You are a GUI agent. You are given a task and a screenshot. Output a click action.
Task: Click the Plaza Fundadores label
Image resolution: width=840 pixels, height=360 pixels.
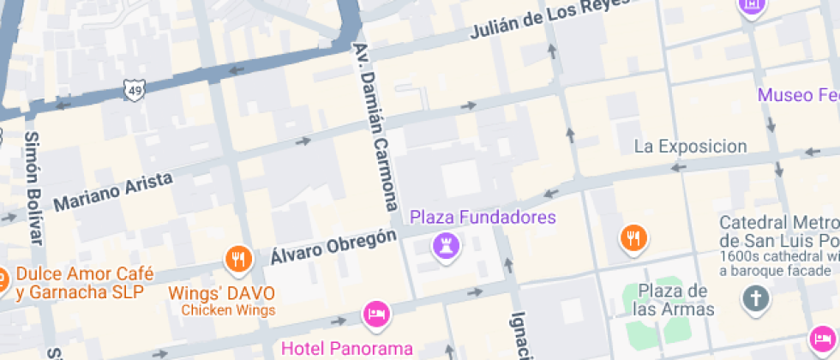point(483,217)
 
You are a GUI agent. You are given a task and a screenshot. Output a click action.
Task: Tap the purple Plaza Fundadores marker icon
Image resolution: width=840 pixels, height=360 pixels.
point(447,247)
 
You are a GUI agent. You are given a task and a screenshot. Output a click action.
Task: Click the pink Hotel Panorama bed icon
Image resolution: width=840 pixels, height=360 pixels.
point(376,314)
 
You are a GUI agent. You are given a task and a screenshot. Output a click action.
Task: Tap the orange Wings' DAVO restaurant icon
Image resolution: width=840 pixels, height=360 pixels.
point(237,258)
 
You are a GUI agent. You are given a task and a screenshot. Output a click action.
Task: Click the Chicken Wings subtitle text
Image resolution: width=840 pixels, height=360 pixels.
point(228,310)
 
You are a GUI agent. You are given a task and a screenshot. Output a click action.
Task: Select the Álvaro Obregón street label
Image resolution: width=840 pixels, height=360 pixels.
point(333,245)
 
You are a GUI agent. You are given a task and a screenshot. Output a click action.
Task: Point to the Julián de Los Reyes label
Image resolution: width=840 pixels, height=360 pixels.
point(549,20)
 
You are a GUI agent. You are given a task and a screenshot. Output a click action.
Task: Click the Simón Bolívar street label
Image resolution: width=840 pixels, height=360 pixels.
point(34,187)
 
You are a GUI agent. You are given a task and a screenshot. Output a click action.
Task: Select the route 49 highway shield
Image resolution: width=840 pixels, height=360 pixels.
point(134,88)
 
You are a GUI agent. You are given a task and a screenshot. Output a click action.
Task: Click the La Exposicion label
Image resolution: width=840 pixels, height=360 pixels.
point(690,147)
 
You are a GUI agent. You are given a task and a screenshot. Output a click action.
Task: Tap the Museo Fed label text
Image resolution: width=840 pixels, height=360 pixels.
point(797,94)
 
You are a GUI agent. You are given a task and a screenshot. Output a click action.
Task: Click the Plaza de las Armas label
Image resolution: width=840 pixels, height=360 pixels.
point(675,300)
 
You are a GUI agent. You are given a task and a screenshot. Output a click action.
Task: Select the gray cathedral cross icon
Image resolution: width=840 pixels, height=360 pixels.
point(756,299)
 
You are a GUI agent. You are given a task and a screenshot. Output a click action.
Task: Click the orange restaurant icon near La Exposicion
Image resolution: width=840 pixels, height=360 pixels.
point(633,237)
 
